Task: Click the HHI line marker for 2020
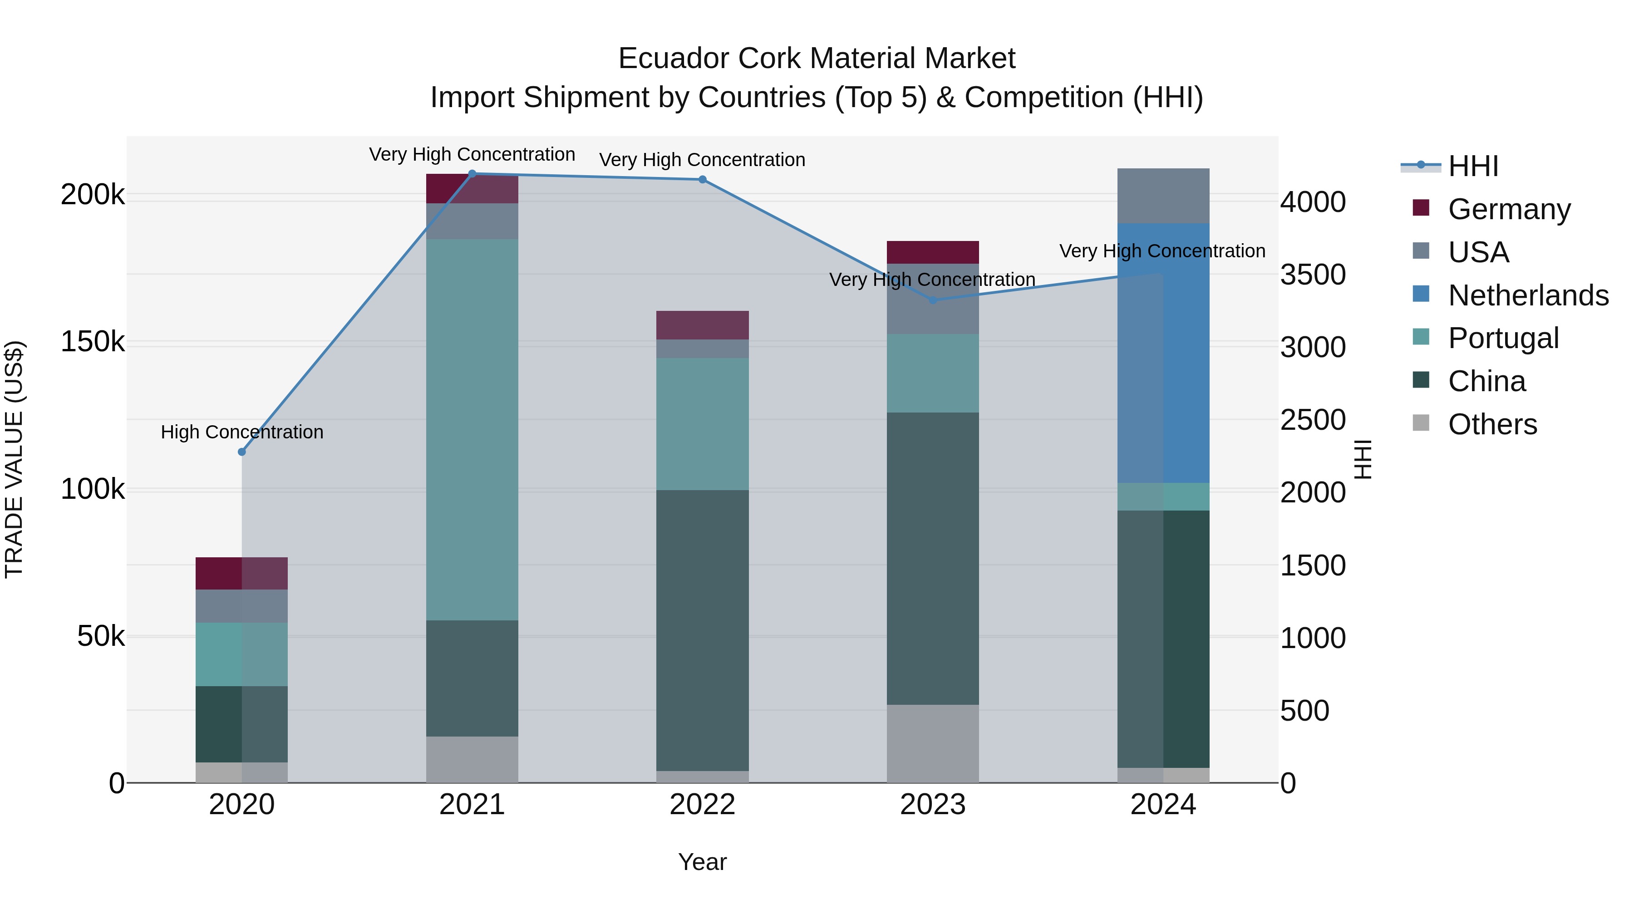(241, 452)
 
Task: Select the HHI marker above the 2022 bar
(702, 179)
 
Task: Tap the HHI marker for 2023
(932, 300)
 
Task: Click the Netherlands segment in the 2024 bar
(1163, 353)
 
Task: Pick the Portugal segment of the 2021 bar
(472, 429)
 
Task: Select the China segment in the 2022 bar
(702, 630)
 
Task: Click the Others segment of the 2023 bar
(932, 743)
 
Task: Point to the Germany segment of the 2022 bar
(702, 325)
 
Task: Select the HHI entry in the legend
(1473, 166)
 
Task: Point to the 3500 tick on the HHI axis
(1312, 275)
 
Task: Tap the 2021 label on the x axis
(472, 805)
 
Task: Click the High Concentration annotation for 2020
(241, 432)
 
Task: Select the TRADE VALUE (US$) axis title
(14, 459)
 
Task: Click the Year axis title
(702, 862)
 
